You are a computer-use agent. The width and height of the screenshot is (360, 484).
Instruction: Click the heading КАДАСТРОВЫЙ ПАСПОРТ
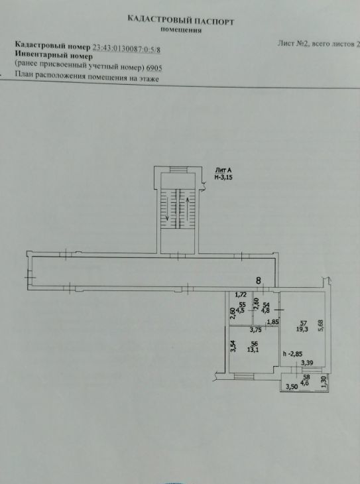tap(180, 21)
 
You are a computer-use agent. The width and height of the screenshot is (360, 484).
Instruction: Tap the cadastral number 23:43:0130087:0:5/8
tap(127, 48)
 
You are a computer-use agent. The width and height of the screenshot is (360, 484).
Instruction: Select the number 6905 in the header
tap(154, 68)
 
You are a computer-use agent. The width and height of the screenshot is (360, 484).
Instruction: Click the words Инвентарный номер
tap(54, 56)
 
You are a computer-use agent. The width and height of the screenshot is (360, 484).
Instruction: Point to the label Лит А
tap(223, 170)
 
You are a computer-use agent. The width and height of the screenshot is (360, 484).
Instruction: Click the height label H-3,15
tap(223, 177)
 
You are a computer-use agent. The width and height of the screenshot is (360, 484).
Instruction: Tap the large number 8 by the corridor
tap(259, 280)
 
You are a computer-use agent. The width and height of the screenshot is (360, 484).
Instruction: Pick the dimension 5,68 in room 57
tap(321, 326)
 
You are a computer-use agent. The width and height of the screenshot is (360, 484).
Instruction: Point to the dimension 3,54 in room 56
tap(233, 345)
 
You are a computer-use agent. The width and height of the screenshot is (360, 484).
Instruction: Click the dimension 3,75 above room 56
tap(256, 330)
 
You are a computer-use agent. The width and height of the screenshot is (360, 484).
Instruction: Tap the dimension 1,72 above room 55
tap(241, 295)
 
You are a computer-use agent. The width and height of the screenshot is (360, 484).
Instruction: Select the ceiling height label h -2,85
tap(292, 354)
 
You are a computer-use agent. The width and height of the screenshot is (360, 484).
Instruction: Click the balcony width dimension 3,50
tap(292, 387)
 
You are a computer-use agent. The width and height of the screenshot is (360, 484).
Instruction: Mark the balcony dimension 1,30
tap(324, 383)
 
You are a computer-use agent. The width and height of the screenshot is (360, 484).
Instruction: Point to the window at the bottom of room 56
tap(244, 377)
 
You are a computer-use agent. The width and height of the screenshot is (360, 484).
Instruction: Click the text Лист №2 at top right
tap(293, 43)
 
